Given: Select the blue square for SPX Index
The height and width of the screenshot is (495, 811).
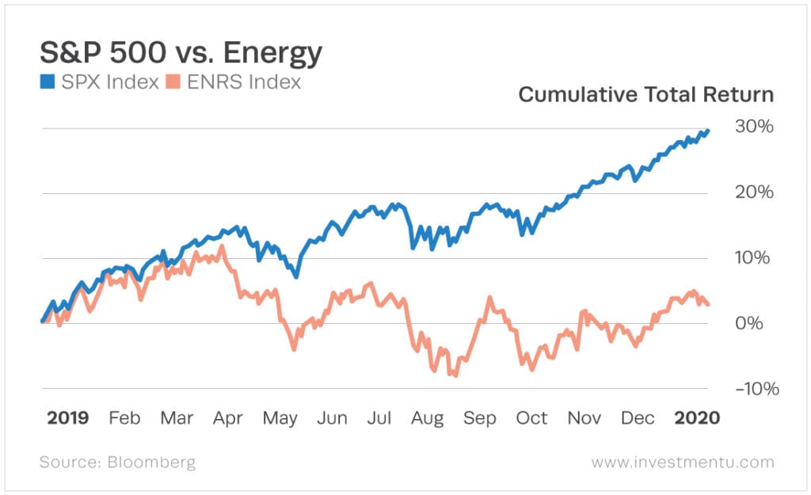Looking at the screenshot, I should coord(47,82).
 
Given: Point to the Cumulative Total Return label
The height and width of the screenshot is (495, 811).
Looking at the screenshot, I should coord(645,95).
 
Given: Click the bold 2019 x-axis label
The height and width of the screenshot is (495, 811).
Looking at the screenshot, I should coord(67,418).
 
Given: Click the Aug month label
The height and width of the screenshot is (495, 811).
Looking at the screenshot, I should coord(427,418).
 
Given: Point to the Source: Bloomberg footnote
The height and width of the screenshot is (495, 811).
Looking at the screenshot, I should coord(117,462).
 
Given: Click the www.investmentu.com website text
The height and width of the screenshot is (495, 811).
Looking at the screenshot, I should coord(682,462).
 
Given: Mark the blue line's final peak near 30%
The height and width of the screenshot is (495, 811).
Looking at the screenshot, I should coord(707,131).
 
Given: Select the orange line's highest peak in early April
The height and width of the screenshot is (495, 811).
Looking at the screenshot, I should coord(221,246).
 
